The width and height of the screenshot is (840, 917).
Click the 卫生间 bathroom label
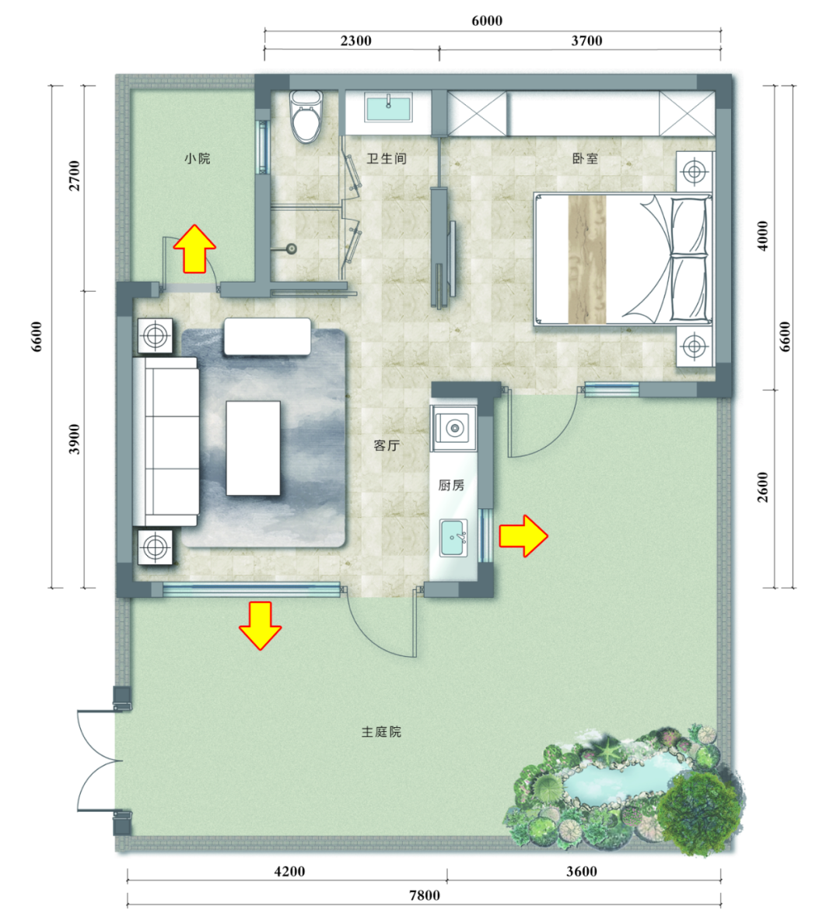click(x=386, y=159)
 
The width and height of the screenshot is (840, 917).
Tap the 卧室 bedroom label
click(x=585, y=159)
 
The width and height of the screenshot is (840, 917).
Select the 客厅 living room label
click(x=386, y=445)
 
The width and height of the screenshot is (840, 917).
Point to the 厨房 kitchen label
click(x=451, y=485)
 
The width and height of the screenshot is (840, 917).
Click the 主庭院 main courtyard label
click(x=381, y=732)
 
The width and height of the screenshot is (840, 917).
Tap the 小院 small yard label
click(x=197, y=159)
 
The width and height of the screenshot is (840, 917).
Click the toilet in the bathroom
click(x=306, y=116)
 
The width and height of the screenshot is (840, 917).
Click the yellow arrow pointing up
click(x=194, y=249)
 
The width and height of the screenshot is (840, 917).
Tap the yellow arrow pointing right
click(x=523, y=536)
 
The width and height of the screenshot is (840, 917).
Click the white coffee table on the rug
click(x=253, y=448)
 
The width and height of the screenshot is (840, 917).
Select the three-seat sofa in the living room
click(x=166, y=442)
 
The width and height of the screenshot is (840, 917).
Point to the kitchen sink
click(x=453, y=537)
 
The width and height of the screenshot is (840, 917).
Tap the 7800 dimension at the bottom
click(x=424, y=895)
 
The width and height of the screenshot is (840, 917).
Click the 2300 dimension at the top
click(x=355, y=40)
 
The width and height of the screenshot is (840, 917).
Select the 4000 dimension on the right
click(x=763, y=236)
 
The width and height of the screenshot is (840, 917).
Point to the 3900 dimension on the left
click(x=75, y=438)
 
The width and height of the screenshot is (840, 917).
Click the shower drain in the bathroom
click(x=291, y=249)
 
